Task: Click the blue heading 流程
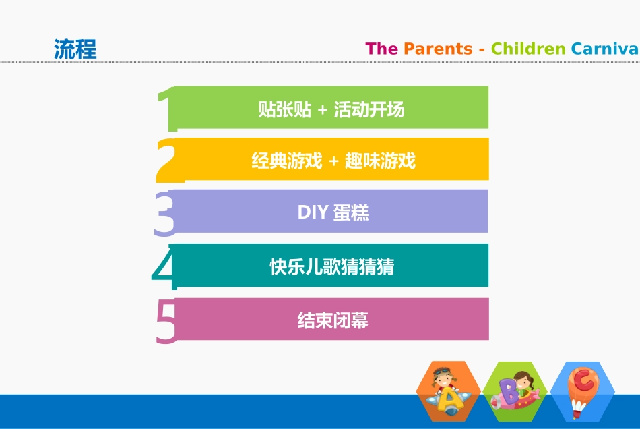click(x=75, y=49)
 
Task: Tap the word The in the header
click(x=381, y=49)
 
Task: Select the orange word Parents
click(x=438, y=49)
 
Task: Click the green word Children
click(x=528, y=49)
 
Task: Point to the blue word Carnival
click(x=604, y=49)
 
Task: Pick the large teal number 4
click(x=165, y=267)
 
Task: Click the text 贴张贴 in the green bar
click(x=285, y=109)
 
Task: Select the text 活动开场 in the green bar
click(x=369, y=109)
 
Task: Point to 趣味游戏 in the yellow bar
click(x=380, y=161)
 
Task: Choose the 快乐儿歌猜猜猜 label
click(x=332, y=267)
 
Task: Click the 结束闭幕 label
click(x=333, y=320)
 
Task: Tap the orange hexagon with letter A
click(x=448, y=392)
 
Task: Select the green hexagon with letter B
click(x=515, y=392)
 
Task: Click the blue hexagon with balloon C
click(x=583, y=392)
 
